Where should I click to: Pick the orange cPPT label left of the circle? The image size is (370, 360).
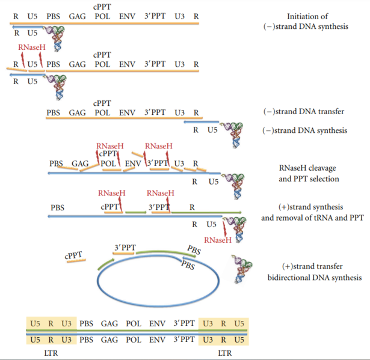(x=73, y=255)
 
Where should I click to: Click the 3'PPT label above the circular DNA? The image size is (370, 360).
(x=125, y=247)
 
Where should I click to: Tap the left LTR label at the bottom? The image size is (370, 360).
(x=51, y=353)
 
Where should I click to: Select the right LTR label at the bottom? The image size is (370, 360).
(x=224, y=353)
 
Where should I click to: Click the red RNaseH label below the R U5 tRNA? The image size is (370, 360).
(x=218, y=240)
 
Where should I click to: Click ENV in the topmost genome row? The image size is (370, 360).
(x=127, y=14)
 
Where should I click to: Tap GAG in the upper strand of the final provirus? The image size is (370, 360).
(x=109, y=323)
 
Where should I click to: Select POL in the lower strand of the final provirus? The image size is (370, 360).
(x=134, y=340)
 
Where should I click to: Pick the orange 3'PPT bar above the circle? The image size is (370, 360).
(x=123, y=254)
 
